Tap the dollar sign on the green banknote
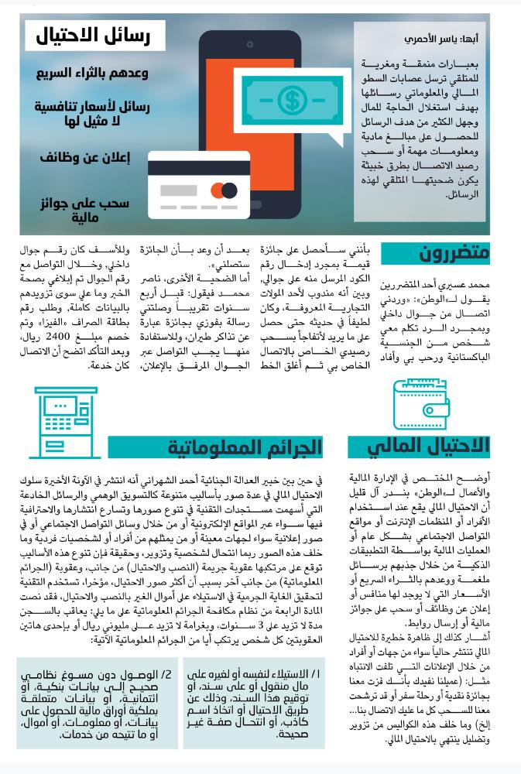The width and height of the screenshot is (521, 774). point(292,99)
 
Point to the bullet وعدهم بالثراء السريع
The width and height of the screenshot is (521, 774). point(92,73)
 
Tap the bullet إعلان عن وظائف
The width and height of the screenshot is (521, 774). point(85,158)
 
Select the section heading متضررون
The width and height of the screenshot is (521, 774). point(454,253)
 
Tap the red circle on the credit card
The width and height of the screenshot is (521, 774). point(218,190)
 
